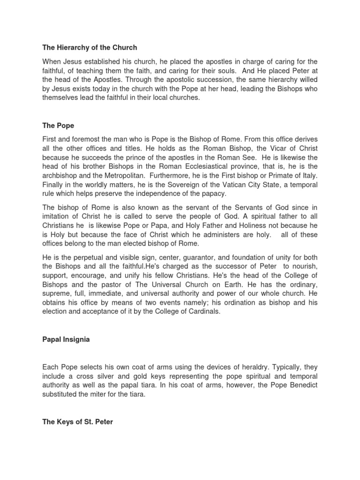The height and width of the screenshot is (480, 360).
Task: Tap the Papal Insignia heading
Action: [70, 340]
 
